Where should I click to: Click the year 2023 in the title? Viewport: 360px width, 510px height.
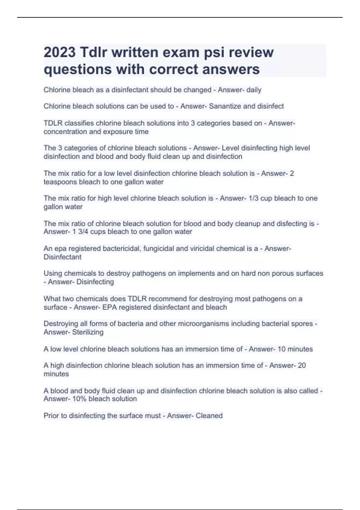(x=60, y=52)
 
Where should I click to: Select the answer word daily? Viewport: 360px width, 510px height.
(x=254, y=90)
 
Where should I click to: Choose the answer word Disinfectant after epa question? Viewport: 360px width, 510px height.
(x=62, y=257)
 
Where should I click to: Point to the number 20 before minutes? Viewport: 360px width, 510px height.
(x=301, y=365)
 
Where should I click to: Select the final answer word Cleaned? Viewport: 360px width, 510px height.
(x=209, y=416)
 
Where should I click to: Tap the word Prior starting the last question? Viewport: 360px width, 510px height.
(x=51, y=416)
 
